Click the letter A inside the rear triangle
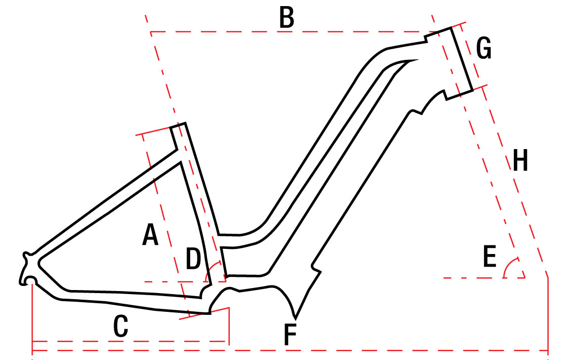click(150, 234)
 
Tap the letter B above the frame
click(287, 17)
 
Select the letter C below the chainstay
click(121, 326)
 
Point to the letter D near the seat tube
click(193, 259)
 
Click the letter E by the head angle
click(490, 256)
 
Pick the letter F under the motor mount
click(290, 334)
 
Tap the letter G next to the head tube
click(484, 49)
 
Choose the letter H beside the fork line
click(520, 160)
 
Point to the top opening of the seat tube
click(178, 125)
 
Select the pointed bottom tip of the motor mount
click(295, 318)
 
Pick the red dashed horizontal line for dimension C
click(131, 341)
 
